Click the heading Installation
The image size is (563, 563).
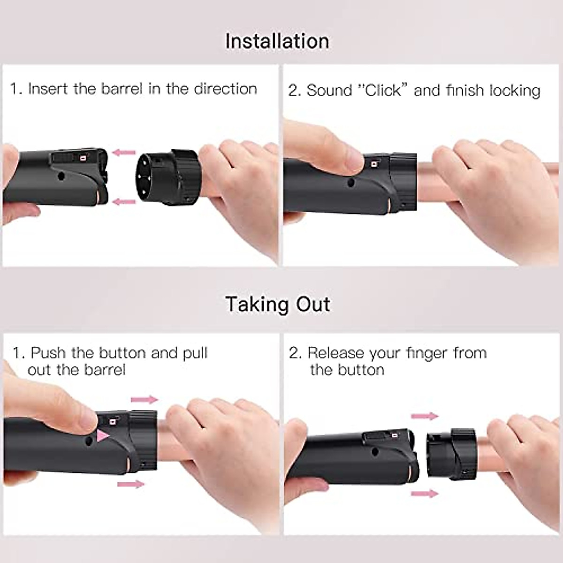[277, 41]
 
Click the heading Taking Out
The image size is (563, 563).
[277, 304]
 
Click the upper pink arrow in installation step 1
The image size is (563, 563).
[124, 152]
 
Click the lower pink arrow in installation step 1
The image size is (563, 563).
[124, 202]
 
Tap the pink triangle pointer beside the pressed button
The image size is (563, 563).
[103, 435]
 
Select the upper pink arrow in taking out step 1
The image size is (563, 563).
[144, 400]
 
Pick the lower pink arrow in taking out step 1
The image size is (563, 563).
[131, 484]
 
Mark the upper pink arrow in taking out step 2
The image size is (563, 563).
[425, 416]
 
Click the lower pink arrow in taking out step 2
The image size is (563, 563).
[425, 493]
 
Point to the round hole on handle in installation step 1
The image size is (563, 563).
[61, 177]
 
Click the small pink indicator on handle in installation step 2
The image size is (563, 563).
[374, 164]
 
